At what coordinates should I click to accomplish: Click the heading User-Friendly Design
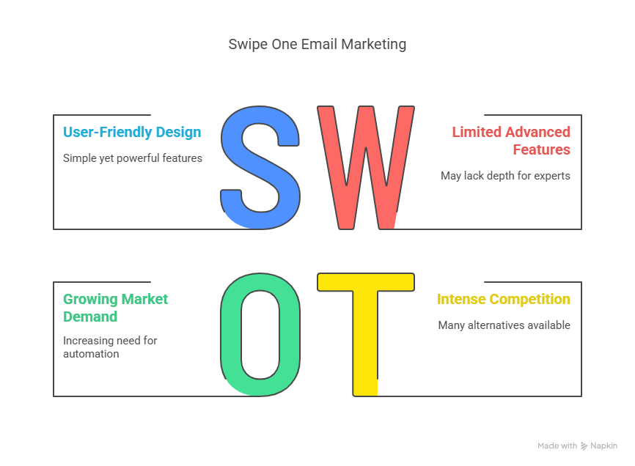tap(132, 133)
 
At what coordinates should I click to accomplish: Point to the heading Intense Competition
tap(504, 300)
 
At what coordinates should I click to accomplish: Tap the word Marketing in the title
tap(373, 45)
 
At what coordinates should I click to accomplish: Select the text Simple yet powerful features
tap(133, 158)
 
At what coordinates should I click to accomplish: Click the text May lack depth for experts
tap(505, 176)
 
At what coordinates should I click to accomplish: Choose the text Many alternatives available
tap(504, 325)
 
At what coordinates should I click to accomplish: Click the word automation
tap(91, 354)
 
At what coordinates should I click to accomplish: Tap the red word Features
tap(541, 149)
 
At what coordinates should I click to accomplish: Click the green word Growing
tap(90, 300)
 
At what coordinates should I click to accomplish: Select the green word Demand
tap(90, 317)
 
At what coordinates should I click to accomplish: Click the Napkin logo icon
tap(584, 446)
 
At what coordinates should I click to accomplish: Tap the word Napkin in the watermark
tap(603, 445)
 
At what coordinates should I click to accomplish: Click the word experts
tap(552, 176)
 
